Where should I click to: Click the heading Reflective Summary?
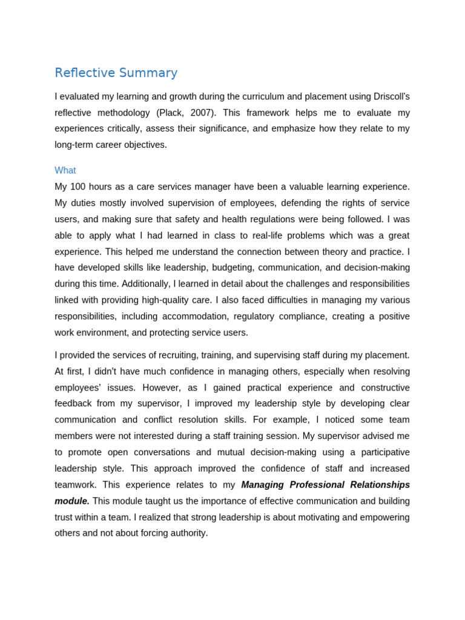tap(116, 73)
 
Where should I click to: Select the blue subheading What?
tap(65, 171)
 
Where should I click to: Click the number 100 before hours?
tap(79, 187)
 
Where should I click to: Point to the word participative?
tap(377, 452)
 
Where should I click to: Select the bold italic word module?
tap(71, 501)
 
